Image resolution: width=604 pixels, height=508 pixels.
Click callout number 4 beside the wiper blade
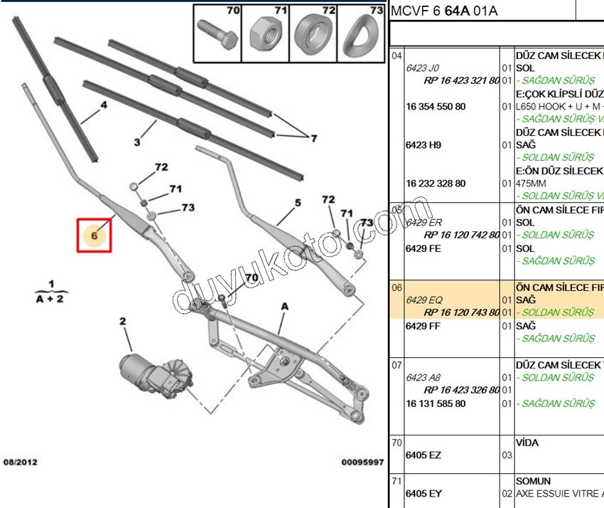tap(104, 105)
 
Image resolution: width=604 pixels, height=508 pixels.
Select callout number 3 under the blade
tap(137, 142)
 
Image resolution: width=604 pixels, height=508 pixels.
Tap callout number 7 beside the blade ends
tap(313, 137)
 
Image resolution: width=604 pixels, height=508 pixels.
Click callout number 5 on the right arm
tap(298, 202)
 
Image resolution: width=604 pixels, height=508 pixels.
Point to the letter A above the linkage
tap(284, 306)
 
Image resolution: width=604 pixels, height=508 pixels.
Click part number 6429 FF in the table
tap(423, 326)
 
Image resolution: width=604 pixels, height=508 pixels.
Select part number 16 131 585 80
tap(436, 403)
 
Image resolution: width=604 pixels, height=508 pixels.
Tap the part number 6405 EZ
tap(423, 455)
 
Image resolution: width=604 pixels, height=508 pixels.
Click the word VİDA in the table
tap(527, 443)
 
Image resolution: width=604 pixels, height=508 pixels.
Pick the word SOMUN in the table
tap(533, 481)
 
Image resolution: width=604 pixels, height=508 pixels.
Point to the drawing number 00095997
tap(362, 462)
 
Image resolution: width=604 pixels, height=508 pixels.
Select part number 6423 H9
tap(424, 144)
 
